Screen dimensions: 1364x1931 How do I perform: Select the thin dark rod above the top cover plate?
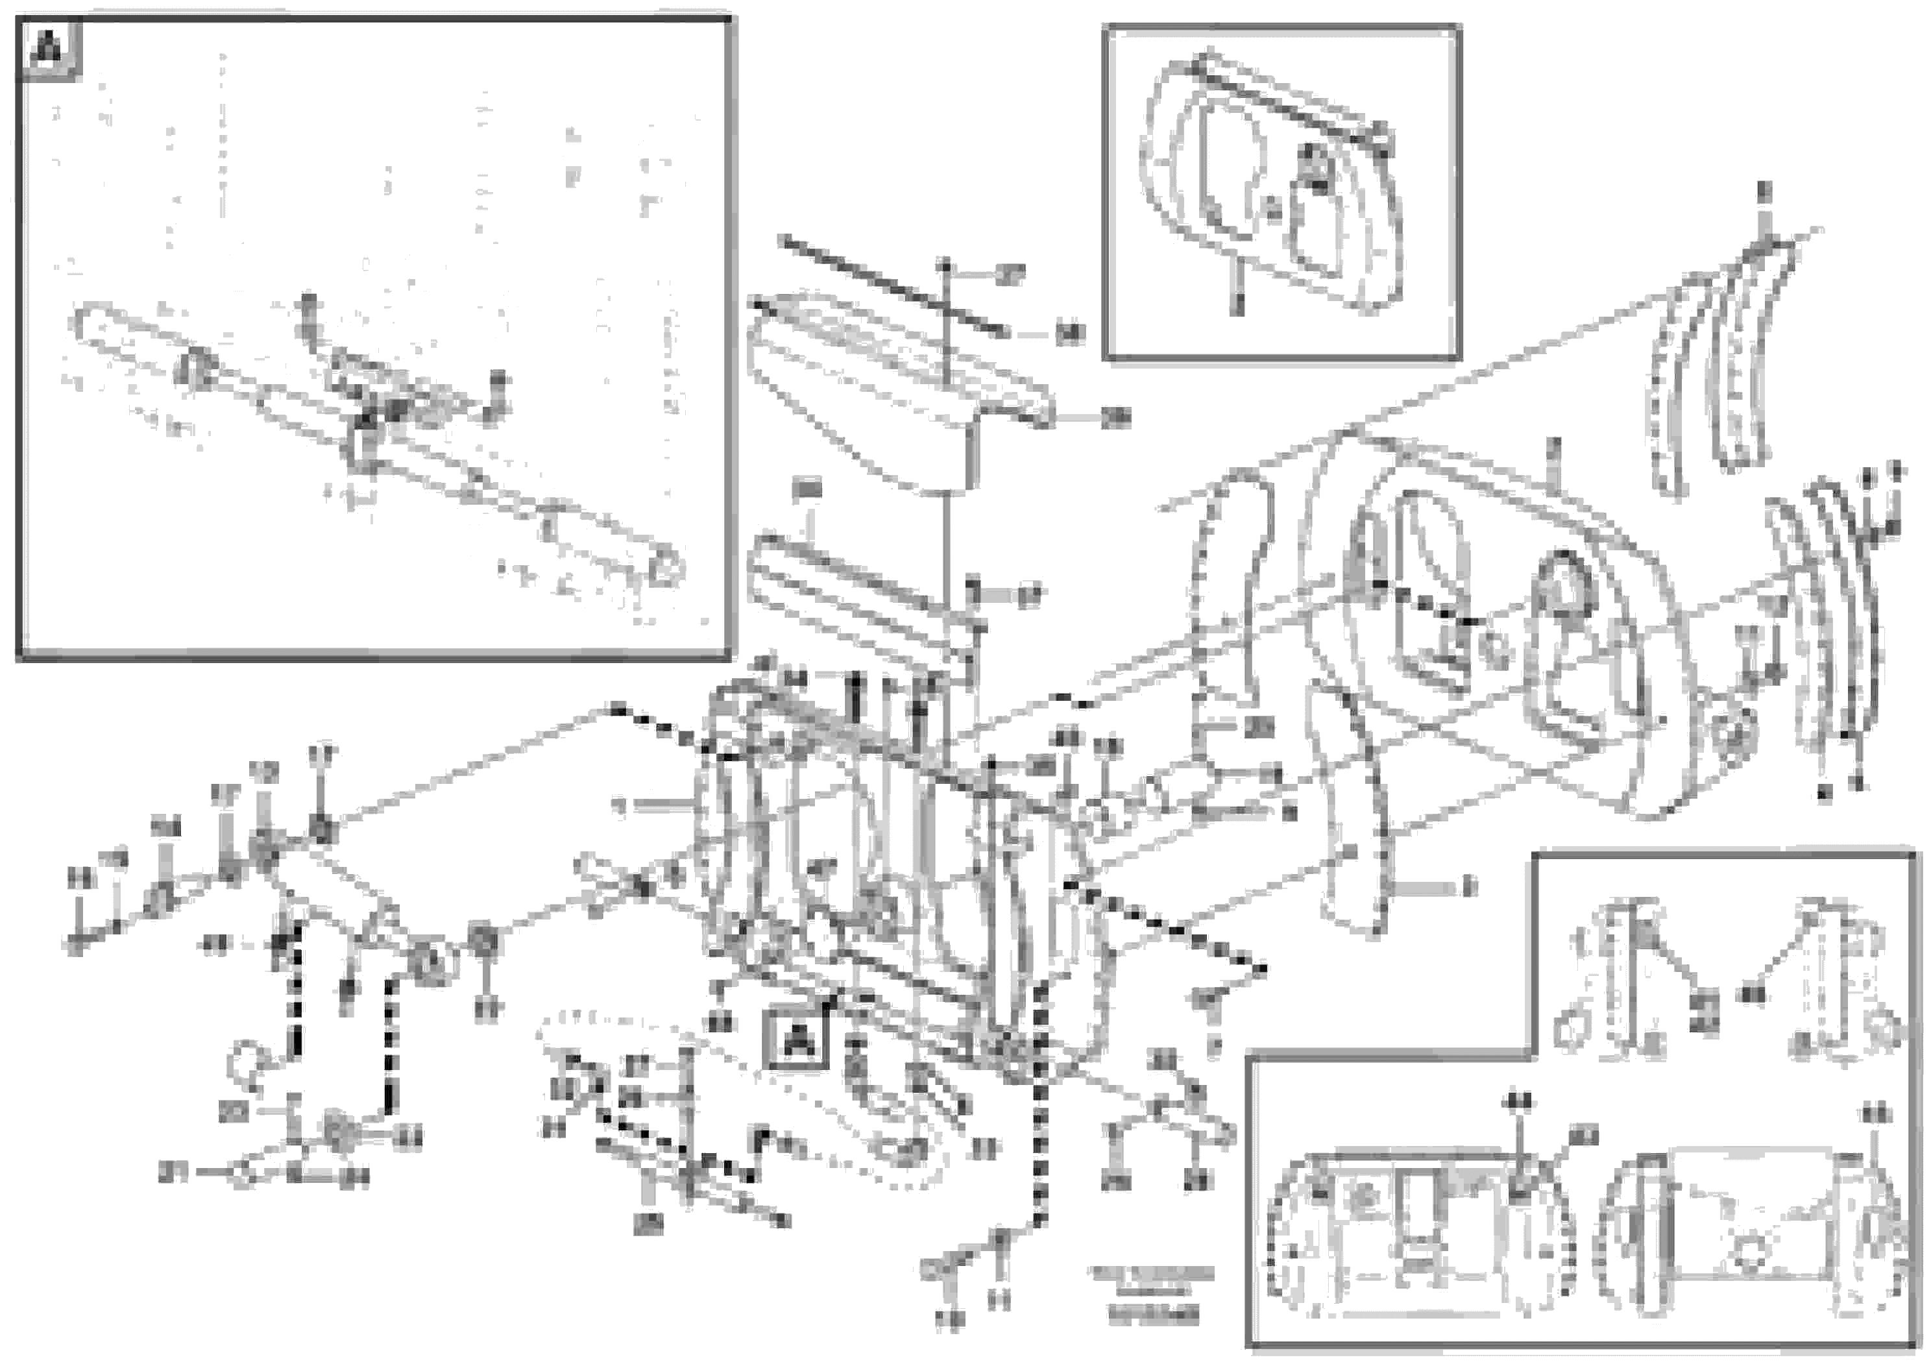click(892, 287)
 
